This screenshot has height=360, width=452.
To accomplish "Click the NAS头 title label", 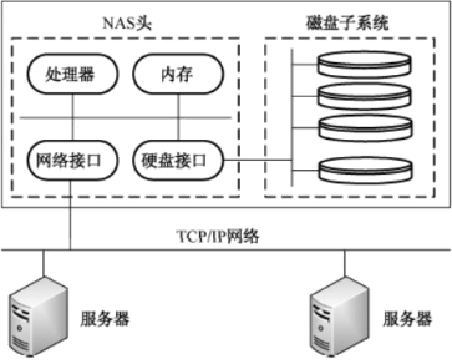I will click(x=127, y=21).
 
